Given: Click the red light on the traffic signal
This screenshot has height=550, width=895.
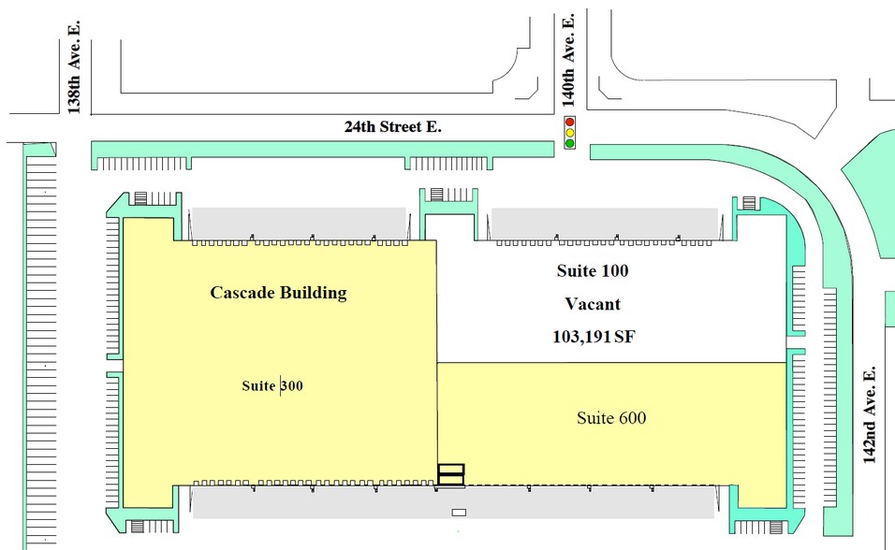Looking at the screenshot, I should (569, 123).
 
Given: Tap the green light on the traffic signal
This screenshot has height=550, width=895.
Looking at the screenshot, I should (569, 144).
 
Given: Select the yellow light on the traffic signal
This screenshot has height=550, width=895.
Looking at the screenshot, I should (569, 134).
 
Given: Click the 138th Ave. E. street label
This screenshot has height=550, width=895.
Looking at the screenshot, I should (75, 82).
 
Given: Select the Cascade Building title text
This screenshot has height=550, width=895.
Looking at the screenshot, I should (278, 293).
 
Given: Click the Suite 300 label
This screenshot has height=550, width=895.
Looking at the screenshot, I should (271, 385).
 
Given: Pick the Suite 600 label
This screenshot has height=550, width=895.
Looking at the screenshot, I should (611, 417).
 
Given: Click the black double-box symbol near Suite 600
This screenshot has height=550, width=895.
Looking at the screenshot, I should (451, 475).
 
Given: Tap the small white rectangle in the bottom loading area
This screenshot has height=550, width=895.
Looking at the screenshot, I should (459, 513).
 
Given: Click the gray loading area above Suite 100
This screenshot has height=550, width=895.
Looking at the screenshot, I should (604, 222).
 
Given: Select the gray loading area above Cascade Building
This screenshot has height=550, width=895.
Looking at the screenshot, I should (298, 222).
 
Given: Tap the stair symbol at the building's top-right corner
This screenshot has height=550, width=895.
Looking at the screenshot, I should (749, 202).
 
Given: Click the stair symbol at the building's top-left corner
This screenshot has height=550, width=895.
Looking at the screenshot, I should (141, 197).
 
